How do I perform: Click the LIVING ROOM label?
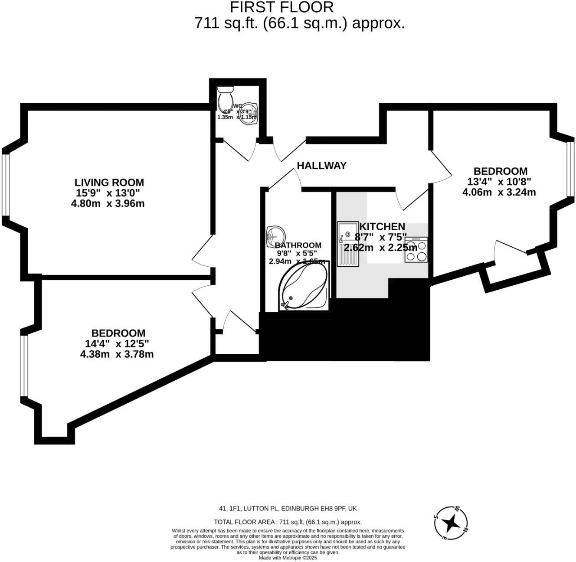tap(109, 183)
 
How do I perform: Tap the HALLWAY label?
tap(322, 165)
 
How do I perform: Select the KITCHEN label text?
tap(382, 226)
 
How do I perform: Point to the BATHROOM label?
tap(299, 245)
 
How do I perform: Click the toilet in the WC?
tap(226, 98)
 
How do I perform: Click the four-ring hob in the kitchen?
tap(416, 250)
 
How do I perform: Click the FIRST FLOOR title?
tap(281, 7)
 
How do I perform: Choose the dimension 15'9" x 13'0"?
tap(108, 193)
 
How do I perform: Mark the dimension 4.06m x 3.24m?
tap(499, 192)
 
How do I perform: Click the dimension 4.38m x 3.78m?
tap(117, 354)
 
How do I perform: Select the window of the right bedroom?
tap(572, 167)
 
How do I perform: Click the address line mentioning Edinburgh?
tap(288, 509)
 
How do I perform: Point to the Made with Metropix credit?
tap(288, 558)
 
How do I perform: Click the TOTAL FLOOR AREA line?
tap(288, 522)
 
